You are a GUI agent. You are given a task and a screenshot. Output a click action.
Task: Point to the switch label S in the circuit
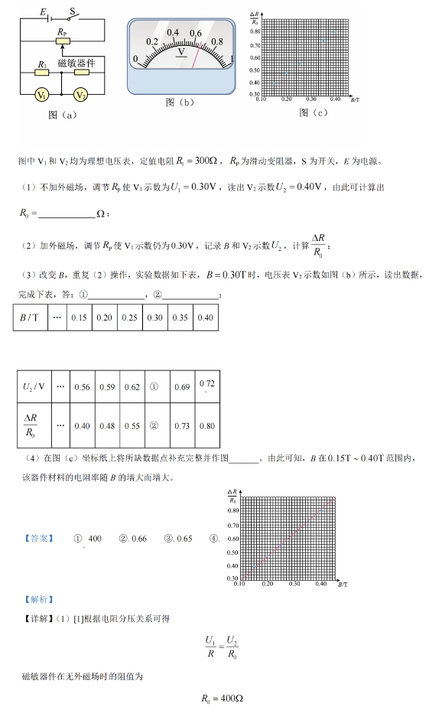click(73, 11)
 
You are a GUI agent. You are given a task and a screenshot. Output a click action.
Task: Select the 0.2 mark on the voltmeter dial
click(152, 42)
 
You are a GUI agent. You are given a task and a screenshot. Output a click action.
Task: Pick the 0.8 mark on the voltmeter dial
click(216, 42)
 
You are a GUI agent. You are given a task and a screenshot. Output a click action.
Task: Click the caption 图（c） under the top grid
click(314, 112)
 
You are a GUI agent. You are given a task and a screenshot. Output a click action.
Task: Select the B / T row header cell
click(31, 318)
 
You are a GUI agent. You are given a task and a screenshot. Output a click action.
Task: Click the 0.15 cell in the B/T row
click(79, 318)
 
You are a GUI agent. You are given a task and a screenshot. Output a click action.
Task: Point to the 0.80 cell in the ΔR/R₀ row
click(206, 425)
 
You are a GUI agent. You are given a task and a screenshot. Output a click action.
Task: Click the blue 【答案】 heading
click(37, 538)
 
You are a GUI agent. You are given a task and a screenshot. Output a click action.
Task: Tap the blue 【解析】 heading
click(37, 598)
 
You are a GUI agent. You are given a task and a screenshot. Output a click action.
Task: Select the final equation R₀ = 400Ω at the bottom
click(222, 699)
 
